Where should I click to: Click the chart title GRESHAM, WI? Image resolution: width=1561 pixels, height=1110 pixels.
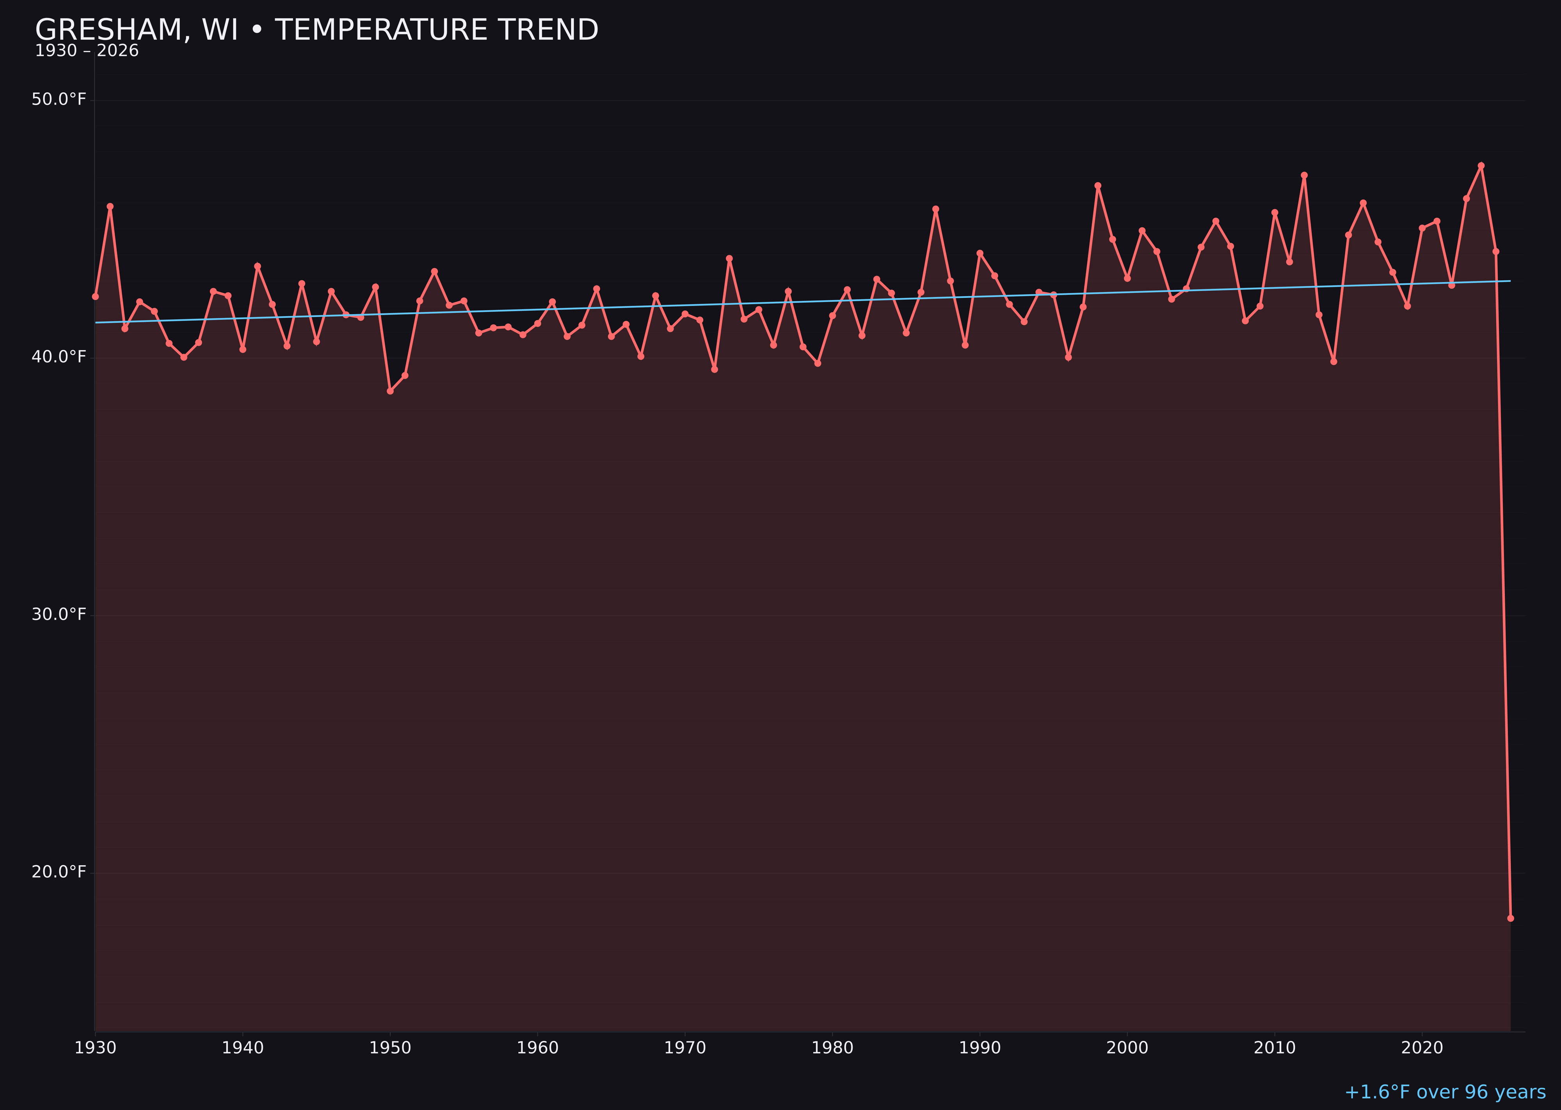(316, 30)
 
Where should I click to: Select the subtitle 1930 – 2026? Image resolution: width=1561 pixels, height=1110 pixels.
(87, 51)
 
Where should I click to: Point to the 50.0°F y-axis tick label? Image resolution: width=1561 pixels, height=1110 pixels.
(59, 100)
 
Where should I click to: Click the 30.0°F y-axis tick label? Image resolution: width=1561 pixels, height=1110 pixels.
(59, 614)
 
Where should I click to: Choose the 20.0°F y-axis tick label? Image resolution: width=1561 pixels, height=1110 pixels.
(59, 872)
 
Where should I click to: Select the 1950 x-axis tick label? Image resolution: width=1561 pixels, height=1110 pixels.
(390, 1048)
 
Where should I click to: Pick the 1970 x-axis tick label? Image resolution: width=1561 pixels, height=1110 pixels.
(685, 1048)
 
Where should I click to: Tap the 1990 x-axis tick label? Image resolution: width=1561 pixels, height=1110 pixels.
(980, 1048)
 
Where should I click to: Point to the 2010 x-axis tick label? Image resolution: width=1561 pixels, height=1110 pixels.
(1275, 1048)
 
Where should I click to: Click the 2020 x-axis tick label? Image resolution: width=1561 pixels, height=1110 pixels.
(1422, 1048)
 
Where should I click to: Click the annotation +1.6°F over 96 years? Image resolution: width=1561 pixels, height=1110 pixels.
(1445, 1092)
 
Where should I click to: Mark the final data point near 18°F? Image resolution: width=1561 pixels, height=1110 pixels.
(1510, 918)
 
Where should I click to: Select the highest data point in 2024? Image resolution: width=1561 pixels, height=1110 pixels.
(1481, 165)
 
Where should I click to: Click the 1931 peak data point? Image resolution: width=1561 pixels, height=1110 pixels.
(110, 206)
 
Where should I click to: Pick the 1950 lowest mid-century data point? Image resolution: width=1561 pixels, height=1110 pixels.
(390, 391)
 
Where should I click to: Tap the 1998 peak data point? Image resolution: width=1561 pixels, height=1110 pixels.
(1098, 185)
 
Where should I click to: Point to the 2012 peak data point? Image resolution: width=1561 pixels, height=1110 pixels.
(1304, 175)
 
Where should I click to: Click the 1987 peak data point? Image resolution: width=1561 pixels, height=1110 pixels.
(936, 209)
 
